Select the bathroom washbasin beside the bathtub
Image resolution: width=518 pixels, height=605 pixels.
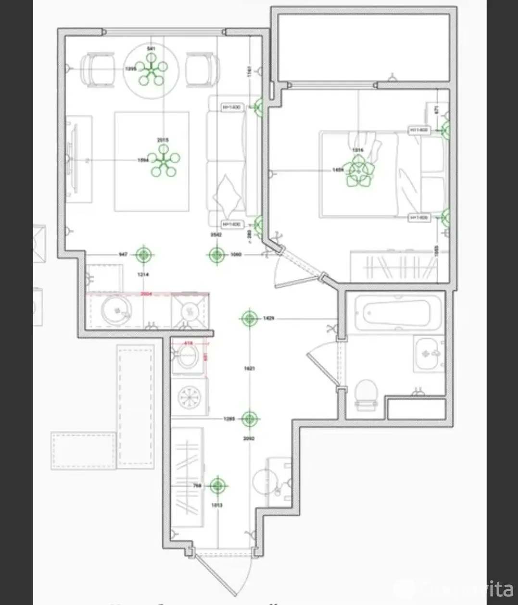coord(429,354)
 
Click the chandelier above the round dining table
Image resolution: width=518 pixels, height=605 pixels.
coord(151,70)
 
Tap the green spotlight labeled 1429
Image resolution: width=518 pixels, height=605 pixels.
coord(249,318)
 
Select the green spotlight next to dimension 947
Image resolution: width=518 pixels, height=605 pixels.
coord(143,254)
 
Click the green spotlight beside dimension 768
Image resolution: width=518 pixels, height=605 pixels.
coord(218,486)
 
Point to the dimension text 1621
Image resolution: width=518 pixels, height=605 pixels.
coord(249,368)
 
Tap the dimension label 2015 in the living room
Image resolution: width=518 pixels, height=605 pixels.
coord(163,140)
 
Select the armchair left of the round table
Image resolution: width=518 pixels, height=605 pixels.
coord(99,70)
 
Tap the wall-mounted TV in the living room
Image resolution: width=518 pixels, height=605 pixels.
coord(73,159)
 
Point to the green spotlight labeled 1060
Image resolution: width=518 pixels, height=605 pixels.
coord(217,255)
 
